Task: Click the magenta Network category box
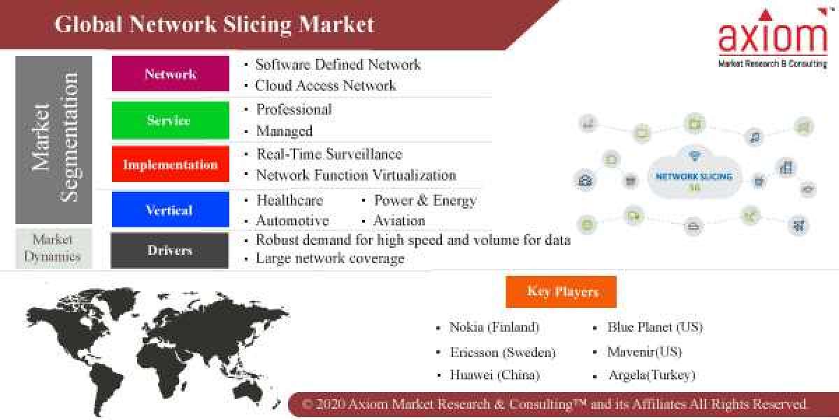pyautogui.click(x=170, y=73)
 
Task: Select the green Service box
pyautogui.click(x=170, y=120)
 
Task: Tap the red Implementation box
pyautogui.click(x=170, y=164)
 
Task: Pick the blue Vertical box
pyautogui.click(x=170, y=210)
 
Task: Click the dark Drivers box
pyautogui.click(x=170, y=250)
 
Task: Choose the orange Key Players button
pyautogui.click(x=562, y=291)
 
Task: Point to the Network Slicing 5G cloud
pyautogui.click(x=694, y=175)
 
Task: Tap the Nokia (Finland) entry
pyautogui.click(x=494, y=327)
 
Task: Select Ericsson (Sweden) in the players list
pyautogui.click(x=502, y=351)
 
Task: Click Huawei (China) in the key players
pyautogui.click(x=494, y=375)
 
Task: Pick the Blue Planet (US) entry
pyautogui.click(x=654, y=327)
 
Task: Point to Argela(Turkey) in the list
pyautogui.click(x=651, y=375)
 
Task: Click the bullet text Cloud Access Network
pyautogui.click(x=325, y=85)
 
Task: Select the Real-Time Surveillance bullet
pyautogui.click(x=329, y=154)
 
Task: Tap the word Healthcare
pyautogui.click(x=289, y=200)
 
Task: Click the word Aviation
pyautogui.click(x=399, y=220)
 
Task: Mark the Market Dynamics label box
pyautogui.click(x=52, y=247)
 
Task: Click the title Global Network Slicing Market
pyautogui.click(x=214, y=24)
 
